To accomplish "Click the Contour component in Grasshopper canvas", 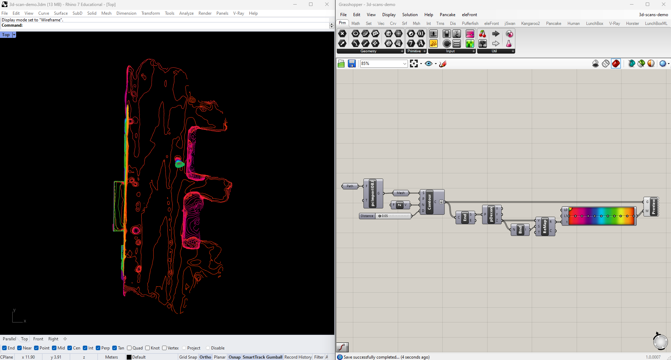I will pyautogui.click(x=430, y=202).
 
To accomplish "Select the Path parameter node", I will pyautogui.click(x=350, y=186).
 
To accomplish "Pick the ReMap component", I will pyautogui.click(x=545, y=227).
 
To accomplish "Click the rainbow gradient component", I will pyautogui.click(x=601, y=216).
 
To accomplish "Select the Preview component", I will pyautogui.click(x=653, y=207).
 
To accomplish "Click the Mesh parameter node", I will pyautogui.click(x=401, y=193).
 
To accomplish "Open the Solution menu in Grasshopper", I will pyautogui.click(x=410, y=15).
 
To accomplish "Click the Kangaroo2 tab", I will pyautogui.click(x=530, y=24).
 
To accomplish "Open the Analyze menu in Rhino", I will pyautogui.click(x=186, y=13).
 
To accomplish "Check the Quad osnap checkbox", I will pyautogui.click(x=129, y=348).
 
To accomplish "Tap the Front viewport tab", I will pyautogui.click(x=38, y=339).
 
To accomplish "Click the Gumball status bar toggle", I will pyautogui.click(x=274, y=357).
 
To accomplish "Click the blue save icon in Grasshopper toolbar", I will pyautogui.click(x=352, y=64).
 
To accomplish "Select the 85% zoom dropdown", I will pyautogui.click(x=384, y=64).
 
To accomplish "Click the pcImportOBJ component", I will pyautogui.click(x=373, y=193).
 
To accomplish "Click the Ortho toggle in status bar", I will pyautogui.click(x=205, y=357).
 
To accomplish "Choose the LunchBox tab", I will pyautogui.click(x=595, y=24).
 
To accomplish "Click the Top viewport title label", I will pyautogui.click(x=6, y=35).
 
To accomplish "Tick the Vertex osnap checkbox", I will pyautogui.click(x=165, y=348).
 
